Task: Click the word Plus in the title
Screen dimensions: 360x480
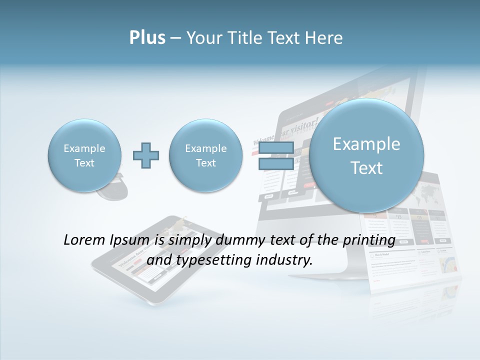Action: pyautogui.click(x=147, y=38)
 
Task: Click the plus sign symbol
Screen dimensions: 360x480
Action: pyautogui.click(x=146, y=155)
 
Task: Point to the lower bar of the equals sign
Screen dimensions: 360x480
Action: pyautogui.click(x=275, y=164)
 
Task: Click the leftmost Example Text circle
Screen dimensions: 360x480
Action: pyautogui.click(x=84, y=155)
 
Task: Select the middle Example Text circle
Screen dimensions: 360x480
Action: pyautogui.click(x=205, y=155)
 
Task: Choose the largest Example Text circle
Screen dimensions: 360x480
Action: pyautogui.click(x=366, y=155)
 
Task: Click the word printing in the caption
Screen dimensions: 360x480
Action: pyautogui.click(x=370, y=240)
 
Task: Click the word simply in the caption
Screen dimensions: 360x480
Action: pyautogui.click(x=189, y=240)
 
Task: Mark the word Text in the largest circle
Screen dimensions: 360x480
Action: pyautogui.click(x=366, y=168)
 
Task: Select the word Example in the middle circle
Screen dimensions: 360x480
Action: pyautogui.click(x=205, y=148)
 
